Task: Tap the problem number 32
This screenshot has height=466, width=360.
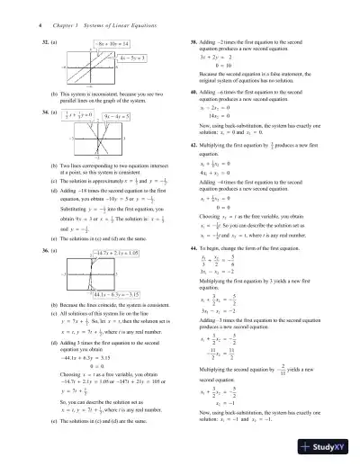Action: (x=47, y=43)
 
